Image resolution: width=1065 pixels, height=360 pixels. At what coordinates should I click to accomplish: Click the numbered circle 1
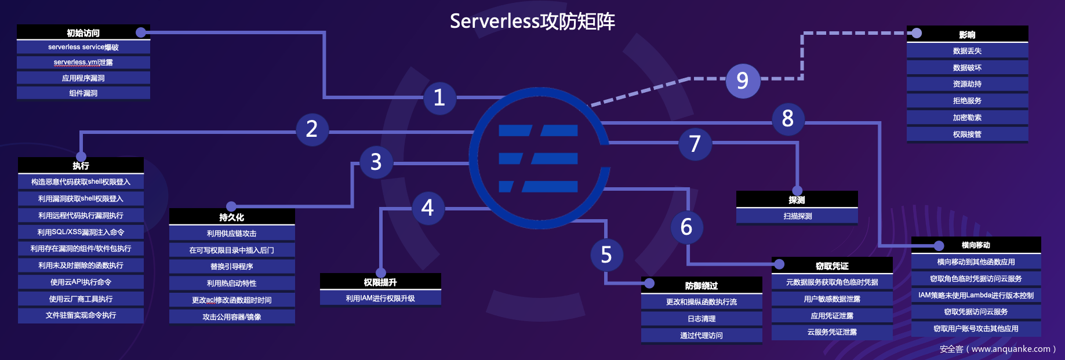click(x=439, y=97)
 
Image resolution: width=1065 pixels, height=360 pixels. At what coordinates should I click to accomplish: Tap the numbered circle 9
click(x=743, y=81)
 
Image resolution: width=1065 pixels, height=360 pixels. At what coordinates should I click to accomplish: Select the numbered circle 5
click(x=606, y=254)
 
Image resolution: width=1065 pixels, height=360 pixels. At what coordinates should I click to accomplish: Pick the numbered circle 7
click(x=695, y=144)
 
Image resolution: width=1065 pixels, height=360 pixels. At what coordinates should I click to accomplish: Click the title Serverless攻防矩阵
click(x=532, y=21)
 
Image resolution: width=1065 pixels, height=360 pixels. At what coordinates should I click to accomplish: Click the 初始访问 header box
click(x=83, y=32)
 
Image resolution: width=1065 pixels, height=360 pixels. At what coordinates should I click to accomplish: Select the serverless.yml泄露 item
click(x=83, y=63)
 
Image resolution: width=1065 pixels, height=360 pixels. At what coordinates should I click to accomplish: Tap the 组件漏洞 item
click(x=83, y=93)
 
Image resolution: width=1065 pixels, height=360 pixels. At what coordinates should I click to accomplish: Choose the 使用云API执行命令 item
click(x=81, y=282)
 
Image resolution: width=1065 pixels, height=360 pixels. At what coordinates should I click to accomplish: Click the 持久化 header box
click(x=232, y=217)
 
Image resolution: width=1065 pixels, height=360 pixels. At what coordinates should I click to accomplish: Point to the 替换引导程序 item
click(x=232, y=267)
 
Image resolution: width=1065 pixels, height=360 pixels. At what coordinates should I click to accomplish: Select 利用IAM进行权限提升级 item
click(x=380, y=299)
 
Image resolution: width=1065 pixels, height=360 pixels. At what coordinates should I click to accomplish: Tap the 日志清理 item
click(x=701, y=319)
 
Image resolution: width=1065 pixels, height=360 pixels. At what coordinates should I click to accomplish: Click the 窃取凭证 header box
click(x=832, y=266)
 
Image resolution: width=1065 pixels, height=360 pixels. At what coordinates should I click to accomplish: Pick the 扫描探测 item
click(x=797, y=216)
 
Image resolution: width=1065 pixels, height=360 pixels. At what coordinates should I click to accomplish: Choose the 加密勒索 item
click(x=967, y=118)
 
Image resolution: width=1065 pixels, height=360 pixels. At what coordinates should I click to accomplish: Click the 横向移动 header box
click(x=976, y=245)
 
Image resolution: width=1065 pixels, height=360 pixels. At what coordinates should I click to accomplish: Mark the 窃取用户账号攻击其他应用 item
click(x=976, y=329)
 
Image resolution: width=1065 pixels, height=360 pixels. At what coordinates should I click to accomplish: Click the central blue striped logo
click(x=539, y=158)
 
